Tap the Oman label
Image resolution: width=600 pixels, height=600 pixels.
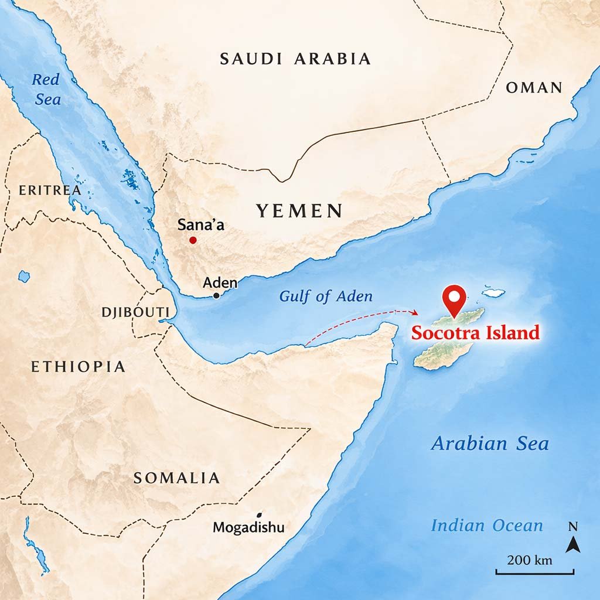(x=534, y=88)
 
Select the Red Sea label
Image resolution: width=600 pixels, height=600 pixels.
(x=47, y=89)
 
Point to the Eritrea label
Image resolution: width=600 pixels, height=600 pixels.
(x=49, y=190)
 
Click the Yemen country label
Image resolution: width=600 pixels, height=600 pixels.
(x=299, y=211)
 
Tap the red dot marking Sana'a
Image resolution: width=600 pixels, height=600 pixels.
(x=193, y=240)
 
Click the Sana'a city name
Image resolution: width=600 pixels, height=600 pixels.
(x=201, y=224)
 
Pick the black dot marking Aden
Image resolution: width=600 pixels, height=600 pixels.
(x=216, y=296)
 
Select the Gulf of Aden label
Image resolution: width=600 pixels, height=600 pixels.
(x=326, y=296)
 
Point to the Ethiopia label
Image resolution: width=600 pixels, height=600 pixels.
(x=78, y=367)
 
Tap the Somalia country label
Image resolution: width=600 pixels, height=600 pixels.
(x=176, y=478)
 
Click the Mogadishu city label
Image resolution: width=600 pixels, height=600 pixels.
(x=248, y=527)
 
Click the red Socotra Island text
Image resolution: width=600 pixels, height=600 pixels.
(x=475, y=333)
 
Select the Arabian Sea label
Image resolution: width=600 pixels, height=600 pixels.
(x=490, y=444)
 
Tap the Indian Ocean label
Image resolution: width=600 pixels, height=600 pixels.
(x=487, y=526)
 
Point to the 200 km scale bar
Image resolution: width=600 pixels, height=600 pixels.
(x=534, y=572)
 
